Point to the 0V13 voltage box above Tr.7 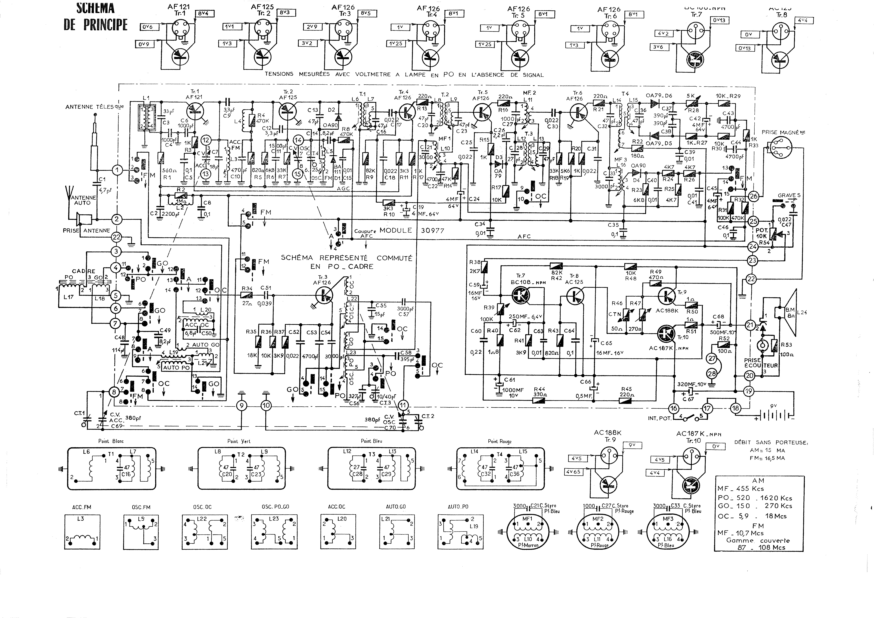click(718, 20)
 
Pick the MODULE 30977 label click(412, 230)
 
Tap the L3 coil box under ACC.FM click(82, 531)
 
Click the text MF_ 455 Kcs click(740, 488)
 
